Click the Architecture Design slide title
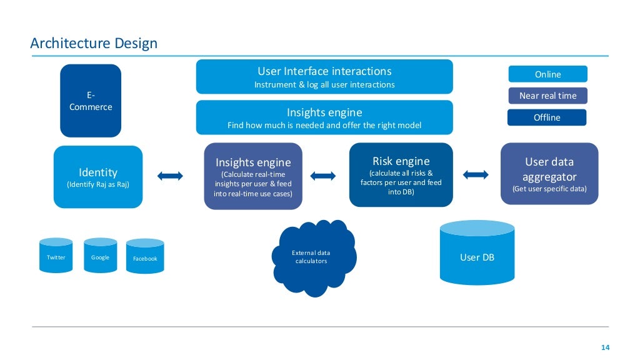(94, 43)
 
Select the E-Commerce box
(91, 101)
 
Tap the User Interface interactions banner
(324, 77)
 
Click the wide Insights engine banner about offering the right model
(324, 117)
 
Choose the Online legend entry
(547, 74)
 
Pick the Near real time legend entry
(547, 96)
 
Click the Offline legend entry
(547, 117)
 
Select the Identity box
(98, 177)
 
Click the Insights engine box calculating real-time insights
(253, 176)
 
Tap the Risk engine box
(401, 175)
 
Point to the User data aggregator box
(549, 174)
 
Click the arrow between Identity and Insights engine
(171, 176)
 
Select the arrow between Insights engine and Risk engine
(322, 176)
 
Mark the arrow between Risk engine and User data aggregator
(476, 174)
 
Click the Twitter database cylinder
(56, 257)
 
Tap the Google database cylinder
(100, 257)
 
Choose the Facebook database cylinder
(145, 257)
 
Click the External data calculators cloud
(312, 257)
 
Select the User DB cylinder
(477, 253)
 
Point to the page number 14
(604, 347)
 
